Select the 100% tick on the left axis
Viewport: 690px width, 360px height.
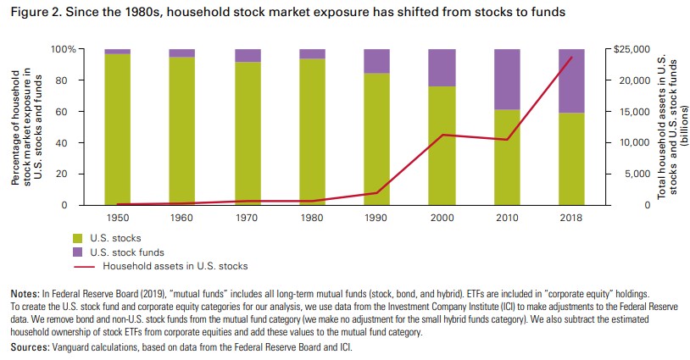point(64,49)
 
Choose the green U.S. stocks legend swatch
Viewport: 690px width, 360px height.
point(79,238)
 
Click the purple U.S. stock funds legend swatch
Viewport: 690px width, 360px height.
point(79,252)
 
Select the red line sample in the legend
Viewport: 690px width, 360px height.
point(82,265)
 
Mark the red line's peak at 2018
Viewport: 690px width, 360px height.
point(572,58)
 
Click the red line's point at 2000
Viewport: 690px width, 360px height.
point(441,135)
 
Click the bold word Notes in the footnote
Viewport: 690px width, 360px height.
point(24,293)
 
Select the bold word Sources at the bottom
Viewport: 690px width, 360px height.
point(28,348)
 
